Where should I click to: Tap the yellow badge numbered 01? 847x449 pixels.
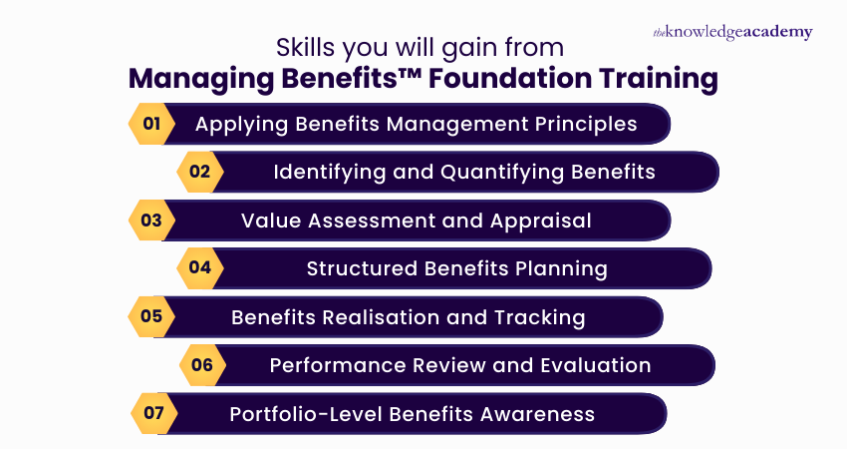point(151,125)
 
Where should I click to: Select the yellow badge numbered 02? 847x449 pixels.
point(200,172)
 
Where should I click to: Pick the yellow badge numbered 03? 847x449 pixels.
point(151,221)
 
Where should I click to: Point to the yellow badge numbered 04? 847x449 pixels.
point(200,268)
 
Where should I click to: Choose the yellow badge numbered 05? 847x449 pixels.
point(151,317)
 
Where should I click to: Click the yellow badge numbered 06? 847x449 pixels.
point(202,365)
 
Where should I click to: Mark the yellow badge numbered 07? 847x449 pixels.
point(153,413)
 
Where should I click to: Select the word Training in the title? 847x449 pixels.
point(664,77)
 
